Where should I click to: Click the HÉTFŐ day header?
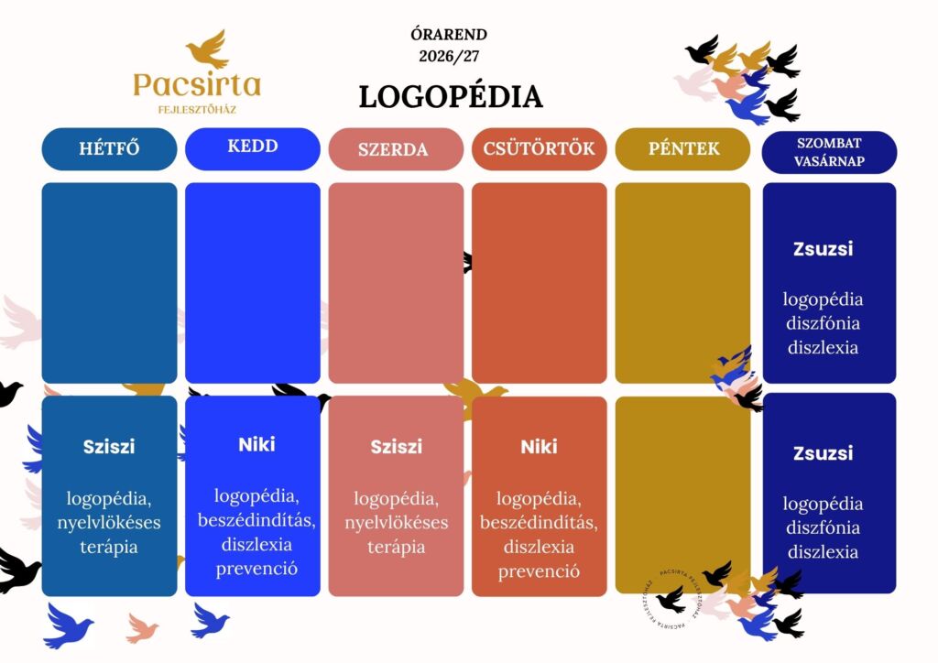click(x=110, y=149)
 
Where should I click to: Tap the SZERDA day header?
click(x=396, y=149)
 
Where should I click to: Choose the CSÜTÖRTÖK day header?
click(x=539, y=149)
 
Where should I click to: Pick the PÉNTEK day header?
click(x=682, y=149)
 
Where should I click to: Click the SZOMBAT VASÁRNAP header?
click(x=829, y=152)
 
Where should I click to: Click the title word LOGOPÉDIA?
click(x=451, y=97)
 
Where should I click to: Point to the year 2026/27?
click(x=449, y=56)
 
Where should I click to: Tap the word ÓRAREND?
click(x=449, y=35)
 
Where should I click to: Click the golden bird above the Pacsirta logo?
click(x=208, y=49)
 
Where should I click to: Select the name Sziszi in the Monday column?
click(x=109, y=447)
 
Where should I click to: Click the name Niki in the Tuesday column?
click(x=256, y=444)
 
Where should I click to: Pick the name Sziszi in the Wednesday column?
click(x=396, y=447)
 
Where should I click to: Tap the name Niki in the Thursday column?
click(x=539, y=447)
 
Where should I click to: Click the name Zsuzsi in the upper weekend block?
click(x=823, y=249)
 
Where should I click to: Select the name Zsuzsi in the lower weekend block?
click(x=823, y=453)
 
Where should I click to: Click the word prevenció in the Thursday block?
click(x=539, y=571)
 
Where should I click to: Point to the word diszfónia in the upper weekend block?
click(x=823, y=323)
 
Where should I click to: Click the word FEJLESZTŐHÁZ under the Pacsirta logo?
click(x=197, y=110)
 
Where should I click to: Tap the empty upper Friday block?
click(x=682, y=283)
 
